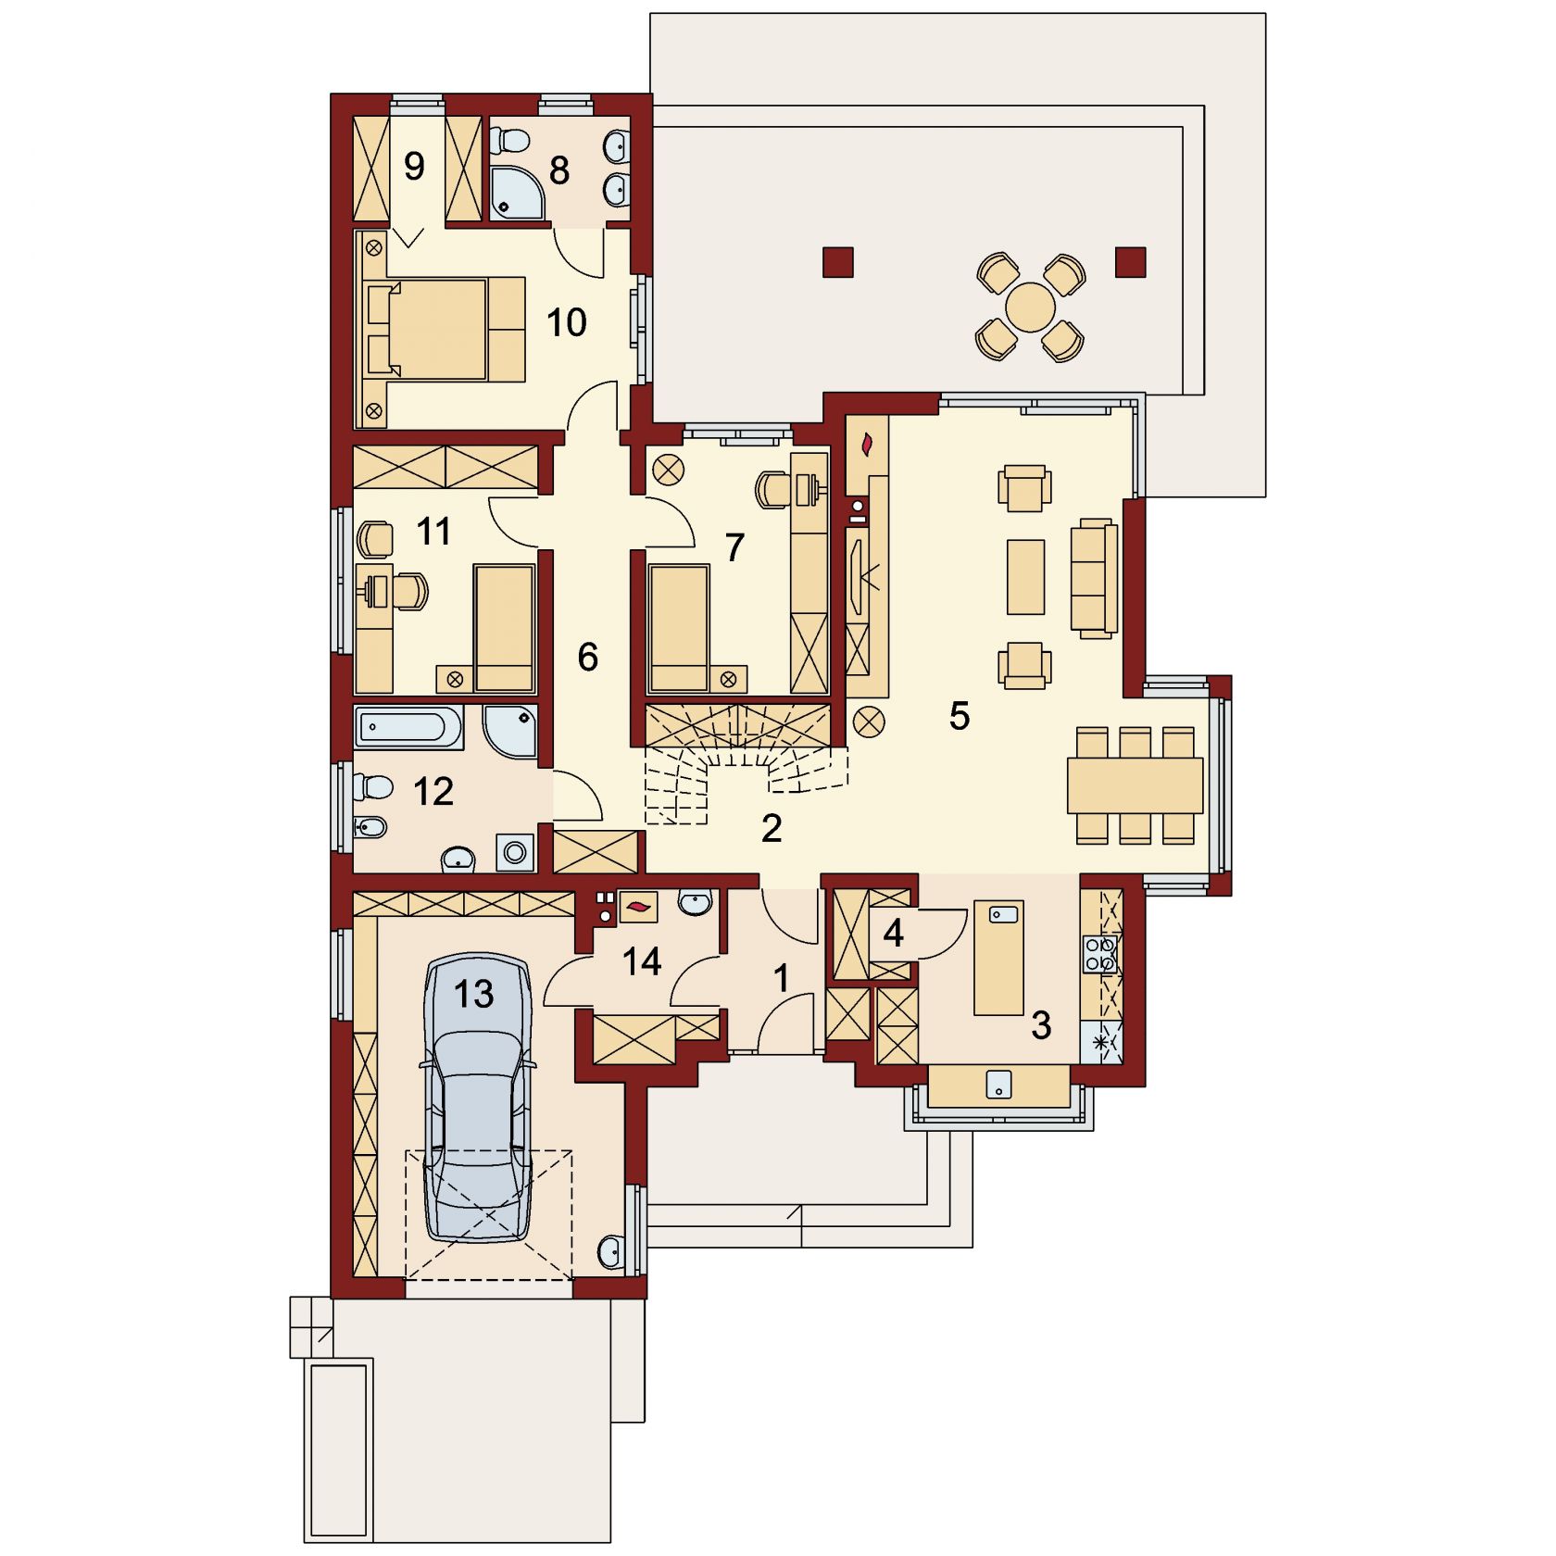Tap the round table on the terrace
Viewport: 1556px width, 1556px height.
click(1030, 307)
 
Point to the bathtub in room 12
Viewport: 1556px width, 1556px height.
click(408, 728)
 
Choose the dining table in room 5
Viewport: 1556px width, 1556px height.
click(1136, 785)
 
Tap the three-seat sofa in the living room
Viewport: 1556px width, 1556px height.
click(1094, 578)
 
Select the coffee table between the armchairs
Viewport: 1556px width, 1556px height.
click(1025, 577)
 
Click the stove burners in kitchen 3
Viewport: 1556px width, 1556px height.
click(1100, 955)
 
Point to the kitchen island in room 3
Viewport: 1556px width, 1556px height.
click(998, 957)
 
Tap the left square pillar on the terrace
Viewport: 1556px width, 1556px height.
click(837, 262)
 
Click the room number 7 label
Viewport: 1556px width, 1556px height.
click(734, 548)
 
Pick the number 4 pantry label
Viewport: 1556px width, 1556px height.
click(893, 934)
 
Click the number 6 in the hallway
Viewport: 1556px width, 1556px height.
click(587, 658)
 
